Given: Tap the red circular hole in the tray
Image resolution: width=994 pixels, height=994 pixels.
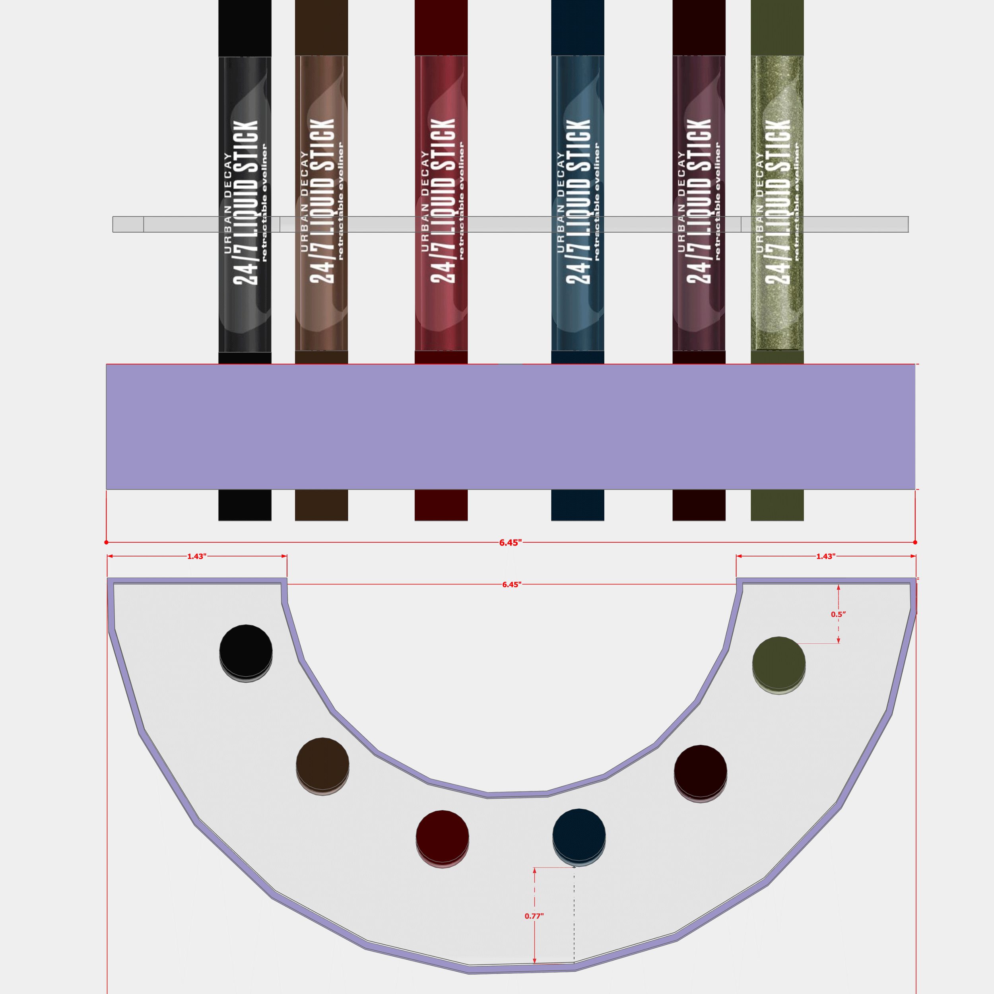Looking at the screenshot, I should [x=443, y=836].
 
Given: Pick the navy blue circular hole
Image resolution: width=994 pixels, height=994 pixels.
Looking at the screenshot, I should [x=579, y=835].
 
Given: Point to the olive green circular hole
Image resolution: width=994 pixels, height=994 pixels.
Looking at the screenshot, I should [x=779, y=663].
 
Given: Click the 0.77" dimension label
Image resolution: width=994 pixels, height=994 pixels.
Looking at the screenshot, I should [x=534, y=916].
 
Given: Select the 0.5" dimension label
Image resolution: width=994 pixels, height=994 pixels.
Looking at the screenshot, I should [x=838, y=614].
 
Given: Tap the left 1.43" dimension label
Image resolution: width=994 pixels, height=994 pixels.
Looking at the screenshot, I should [x=196, y=556].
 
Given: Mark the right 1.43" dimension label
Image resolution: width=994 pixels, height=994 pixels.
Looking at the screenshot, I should [x=826, y=556].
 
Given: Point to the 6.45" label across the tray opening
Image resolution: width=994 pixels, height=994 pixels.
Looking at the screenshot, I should [x=511, y=584].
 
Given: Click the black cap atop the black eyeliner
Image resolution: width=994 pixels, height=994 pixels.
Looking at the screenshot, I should [x=245, y=28].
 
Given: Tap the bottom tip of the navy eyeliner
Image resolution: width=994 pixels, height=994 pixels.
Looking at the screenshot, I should [x=577, y=505].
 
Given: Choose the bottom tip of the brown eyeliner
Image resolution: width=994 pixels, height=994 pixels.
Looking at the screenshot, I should [x=321, y=505].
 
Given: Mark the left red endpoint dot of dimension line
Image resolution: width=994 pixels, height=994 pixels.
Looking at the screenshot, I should [x=107, y=542].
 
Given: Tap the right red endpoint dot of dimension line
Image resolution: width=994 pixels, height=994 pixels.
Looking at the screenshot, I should [x=915, y=542].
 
